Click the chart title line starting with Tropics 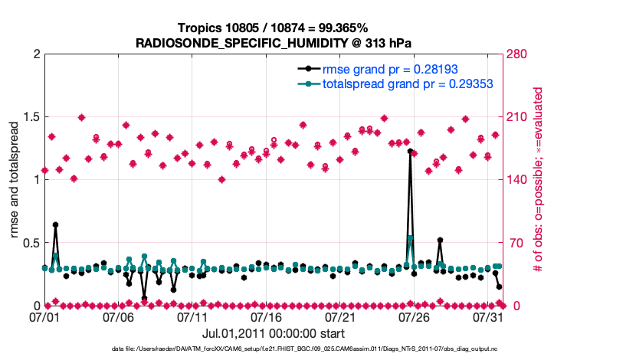pos(273,28)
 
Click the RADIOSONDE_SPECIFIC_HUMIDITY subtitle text pos(274,43)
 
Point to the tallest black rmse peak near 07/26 pos(410,152)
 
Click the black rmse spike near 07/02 pos(55,224)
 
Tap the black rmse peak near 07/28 pos(440,241)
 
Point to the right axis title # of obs pos(539,181)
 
